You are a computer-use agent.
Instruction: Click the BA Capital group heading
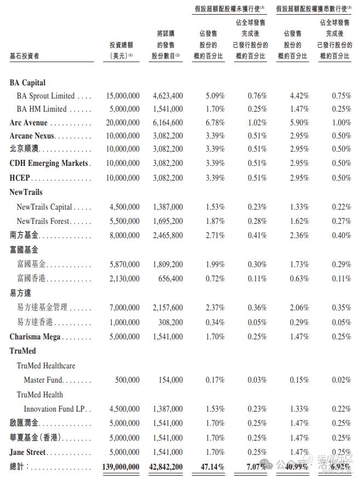pyautogui.click(x=27, y=83)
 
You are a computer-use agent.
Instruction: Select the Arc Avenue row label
pyautogui.click(x=28, y=123)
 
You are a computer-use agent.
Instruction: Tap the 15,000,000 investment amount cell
pyautogui.click(x=123, y=96)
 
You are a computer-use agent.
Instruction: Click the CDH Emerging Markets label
pyautogui.click(x=49, y=163)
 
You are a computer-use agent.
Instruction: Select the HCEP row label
pyautogui.click(x=20, y=177)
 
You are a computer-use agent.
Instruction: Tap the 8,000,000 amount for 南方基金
pyautogui.click(x=125, y=235)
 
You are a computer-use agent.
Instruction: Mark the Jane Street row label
pyautogui.click(x=27, y=452)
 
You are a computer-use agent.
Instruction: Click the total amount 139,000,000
pyautogui.click(x=121, y=466)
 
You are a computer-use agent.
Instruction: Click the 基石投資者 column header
pyautogui.click(x=25, y=56)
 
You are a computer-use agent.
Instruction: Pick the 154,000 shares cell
pyautogui.click(x=171, y=380)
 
